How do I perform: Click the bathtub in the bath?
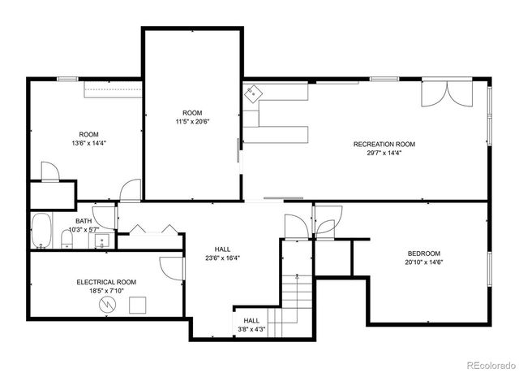(41, 232)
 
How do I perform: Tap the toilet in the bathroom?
(66, 239)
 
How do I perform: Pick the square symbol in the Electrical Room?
(137, 305)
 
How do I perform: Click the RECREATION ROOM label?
(384, 145)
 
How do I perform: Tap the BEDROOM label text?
(424, 253)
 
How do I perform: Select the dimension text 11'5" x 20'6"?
(192, 122)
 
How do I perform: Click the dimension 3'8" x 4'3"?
(252, 329)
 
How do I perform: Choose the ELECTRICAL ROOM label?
(106, 282)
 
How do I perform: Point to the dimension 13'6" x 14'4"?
(88, 143)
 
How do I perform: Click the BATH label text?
(84, 221)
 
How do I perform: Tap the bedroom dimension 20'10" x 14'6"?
(424, 262)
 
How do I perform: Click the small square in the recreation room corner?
(254, 94)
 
